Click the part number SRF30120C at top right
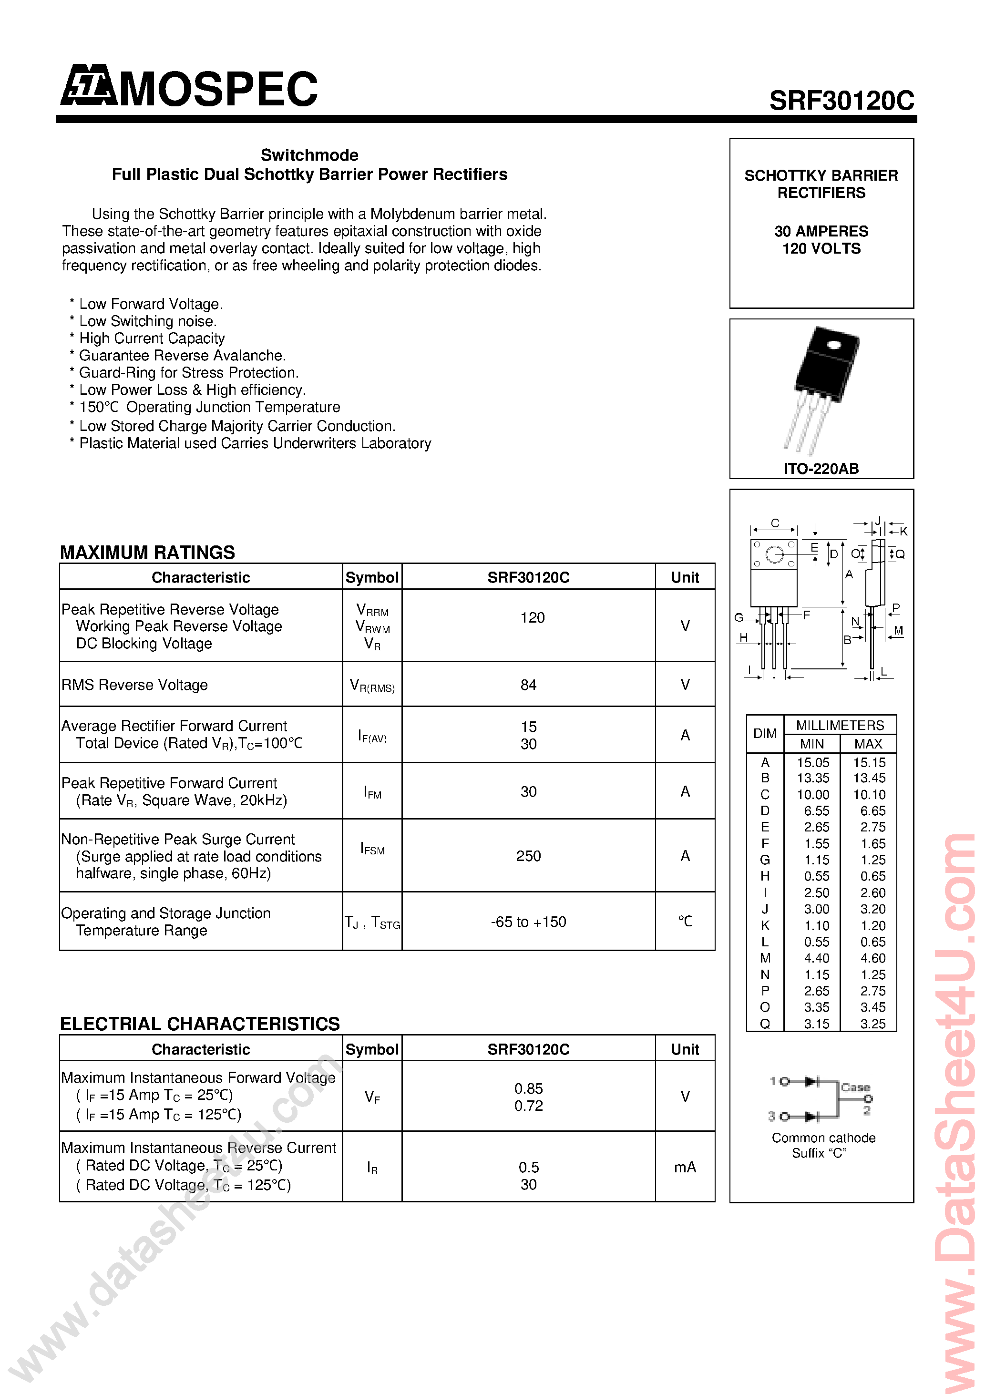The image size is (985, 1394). (841, 101)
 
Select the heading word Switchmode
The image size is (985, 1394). (309, 155)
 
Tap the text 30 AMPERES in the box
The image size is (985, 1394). (821, 231)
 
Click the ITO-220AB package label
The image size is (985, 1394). (821, 469)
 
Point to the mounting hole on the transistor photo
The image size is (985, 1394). (833, 346)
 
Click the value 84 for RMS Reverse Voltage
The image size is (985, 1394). (528, 685)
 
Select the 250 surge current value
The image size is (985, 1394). (528, 856)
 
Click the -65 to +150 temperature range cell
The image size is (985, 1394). (528, 922)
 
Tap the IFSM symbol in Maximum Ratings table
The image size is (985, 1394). (372, 849)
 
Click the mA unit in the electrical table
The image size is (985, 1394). (685, 1167)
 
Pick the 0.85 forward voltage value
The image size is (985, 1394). (528, 1088)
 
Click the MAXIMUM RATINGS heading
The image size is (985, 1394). (148, 553)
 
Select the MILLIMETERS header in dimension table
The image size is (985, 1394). (840, 726)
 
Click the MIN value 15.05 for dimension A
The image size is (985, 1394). (813, 763)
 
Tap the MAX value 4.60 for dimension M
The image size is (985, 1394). (872, 958)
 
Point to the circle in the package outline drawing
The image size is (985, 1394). (774, 554)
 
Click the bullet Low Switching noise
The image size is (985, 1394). (148, 321)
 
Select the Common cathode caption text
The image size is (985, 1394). (823, 1138)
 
